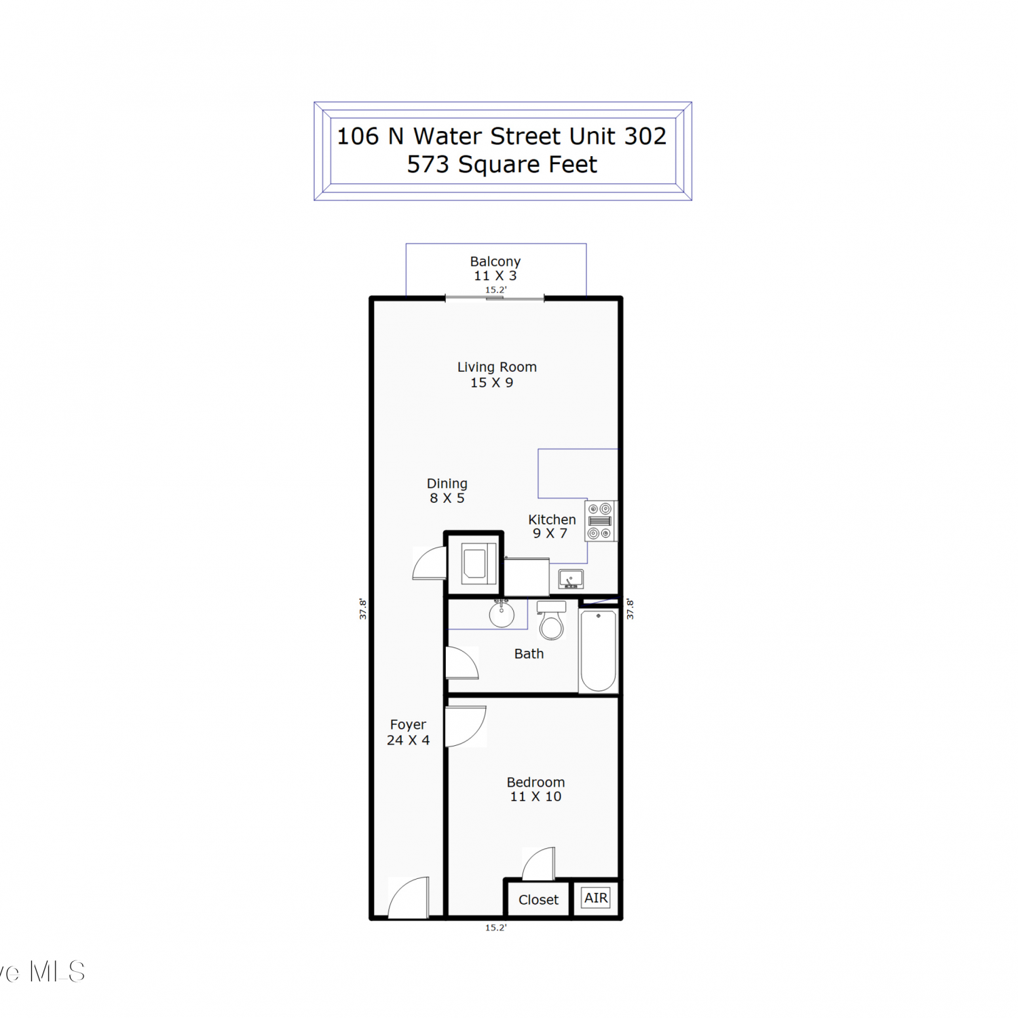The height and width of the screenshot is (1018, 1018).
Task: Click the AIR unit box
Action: coord(597,898)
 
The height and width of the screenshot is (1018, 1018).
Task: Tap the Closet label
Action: coord(538,900)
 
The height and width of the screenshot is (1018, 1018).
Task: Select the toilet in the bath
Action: coord(552,620)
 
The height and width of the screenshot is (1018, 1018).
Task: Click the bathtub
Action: coord(599,651)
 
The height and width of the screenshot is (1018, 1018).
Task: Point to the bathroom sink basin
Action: coord(502,615)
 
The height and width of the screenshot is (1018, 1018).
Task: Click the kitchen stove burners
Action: coord(600,521)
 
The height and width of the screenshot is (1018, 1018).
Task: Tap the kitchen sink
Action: coord(571,579)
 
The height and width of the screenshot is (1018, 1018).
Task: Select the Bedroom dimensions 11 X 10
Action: coord(535,797)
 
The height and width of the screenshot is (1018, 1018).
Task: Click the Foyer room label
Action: coord(408,725)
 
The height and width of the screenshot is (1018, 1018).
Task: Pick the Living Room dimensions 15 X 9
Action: coord(492,383)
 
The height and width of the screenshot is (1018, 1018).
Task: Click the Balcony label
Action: coord(495,261)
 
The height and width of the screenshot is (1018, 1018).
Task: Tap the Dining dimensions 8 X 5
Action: coord(447,498)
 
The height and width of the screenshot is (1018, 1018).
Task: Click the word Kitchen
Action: coord(552,520)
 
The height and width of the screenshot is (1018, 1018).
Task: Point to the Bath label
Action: coord(529,654)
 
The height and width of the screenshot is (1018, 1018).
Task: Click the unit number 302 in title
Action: coord(645,136)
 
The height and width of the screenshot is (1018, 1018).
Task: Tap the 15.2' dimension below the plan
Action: coord(495,928)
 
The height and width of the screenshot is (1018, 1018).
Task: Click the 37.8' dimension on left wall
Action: coord(363,609)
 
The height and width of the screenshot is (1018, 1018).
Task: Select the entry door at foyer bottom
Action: coord(409,897)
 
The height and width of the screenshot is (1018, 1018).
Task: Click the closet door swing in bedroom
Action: coord(538,863)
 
